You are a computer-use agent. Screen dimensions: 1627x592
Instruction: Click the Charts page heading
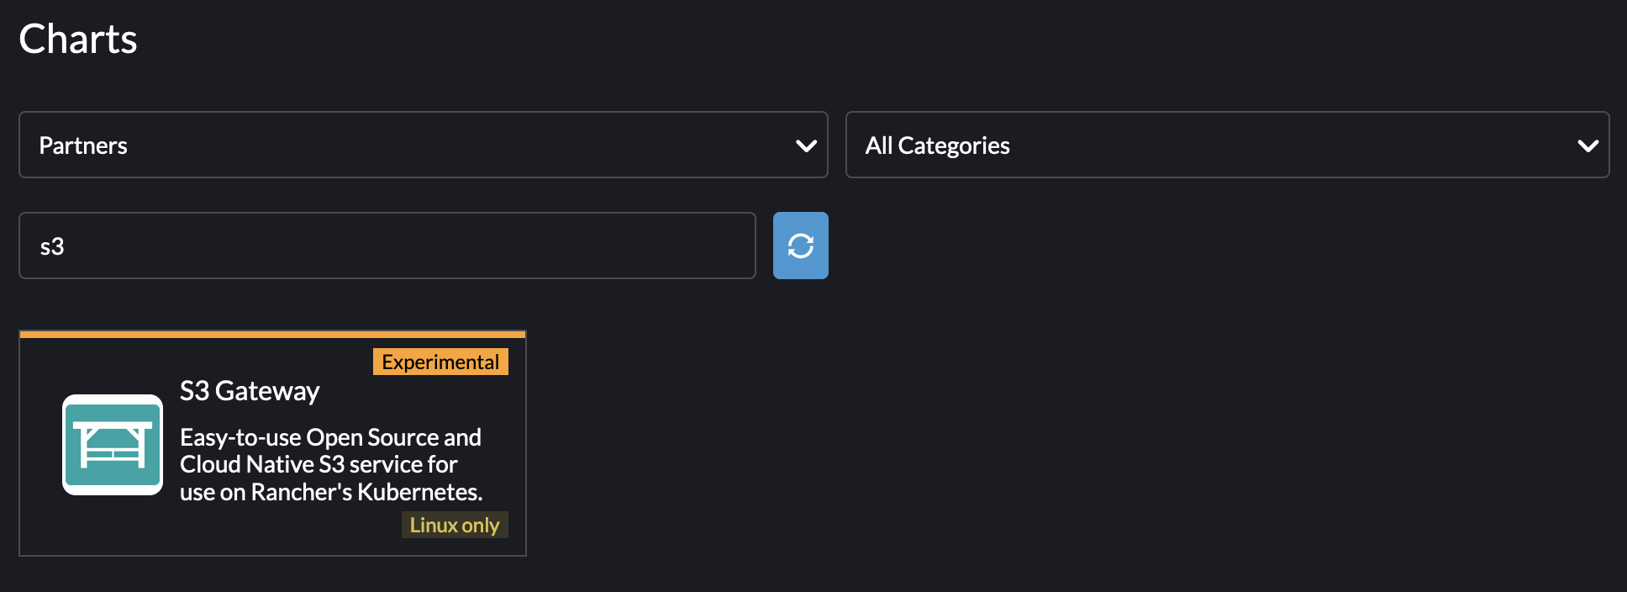tap(78, 40)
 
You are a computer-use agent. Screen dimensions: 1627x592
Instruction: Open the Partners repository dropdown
tap(424, 145)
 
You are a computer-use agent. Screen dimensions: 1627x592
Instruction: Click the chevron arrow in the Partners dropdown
tap(806, 146)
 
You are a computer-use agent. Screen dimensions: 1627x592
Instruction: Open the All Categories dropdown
tap(1227, 145)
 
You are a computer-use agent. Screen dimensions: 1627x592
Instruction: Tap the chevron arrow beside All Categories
tap(1588, 146)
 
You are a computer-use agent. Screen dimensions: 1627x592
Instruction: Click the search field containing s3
tap(387, 246)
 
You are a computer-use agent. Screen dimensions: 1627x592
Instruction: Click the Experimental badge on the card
tap(440, 362)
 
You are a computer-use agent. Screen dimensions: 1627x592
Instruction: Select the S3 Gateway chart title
tap(250, 391)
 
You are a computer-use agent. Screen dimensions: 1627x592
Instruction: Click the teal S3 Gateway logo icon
tap(113, 445)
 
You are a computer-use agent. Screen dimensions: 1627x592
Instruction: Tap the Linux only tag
tap(455, 525)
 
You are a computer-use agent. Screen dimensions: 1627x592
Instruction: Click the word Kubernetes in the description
tap(420, 492)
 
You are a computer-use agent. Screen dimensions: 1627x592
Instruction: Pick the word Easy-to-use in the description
tap(240, 438)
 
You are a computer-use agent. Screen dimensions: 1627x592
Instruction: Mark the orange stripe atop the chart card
tap(272, 334)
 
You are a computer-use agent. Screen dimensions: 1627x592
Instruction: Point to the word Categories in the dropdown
tap(954, 146)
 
